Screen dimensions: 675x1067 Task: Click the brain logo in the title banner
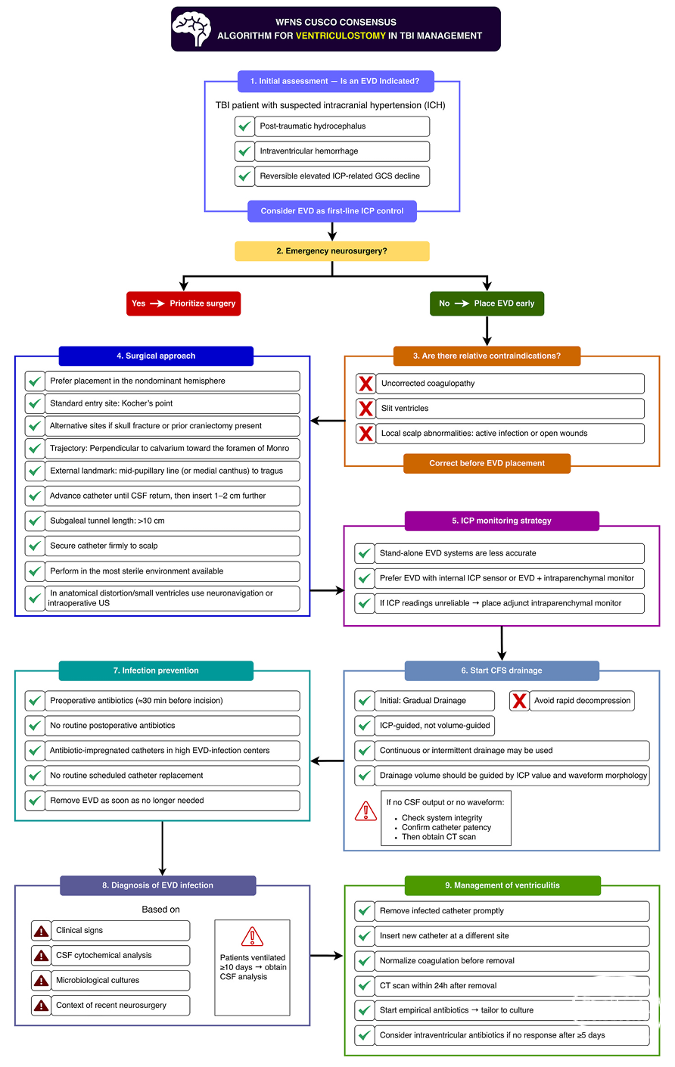tap(191, 29)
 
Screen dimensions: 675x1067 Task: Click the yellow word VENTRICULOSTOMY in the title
tap(341, 36)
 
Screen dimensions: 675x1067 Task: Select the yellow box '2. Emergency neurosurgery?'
tap(332, 251)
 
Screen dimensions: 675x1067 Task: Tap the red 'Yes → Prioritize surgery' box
tap(183, 303)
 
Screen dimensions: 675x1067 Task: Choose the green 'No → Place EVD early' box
tap(487, 303)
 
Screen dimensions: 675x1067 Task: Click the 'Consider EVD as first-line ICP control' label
tap(332, 211)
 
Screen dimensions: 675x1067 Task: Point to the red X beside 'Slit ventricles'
tap(365, 408)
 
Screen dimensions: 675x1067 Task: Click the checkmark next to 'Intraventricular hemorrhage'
tap(244, 151)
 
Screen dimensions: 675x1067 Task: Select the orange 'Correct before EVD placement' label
tap(487, 463)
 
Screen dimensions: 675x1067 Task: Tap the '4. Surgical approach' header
tap(156, 356)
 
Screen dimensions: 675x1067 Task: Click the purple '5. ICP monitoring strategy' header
tap(502, 521)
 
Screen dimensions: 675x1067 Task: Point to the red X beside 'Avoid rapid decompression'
tap(519, 701)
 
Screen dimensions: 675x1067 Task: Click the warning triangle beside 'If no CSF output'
tap(365, 810)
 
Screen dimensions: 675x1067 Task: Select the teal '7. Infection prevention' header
tap(156, 670)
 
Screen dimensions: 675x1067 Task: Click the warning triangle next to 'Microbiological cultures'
tap(42, 980)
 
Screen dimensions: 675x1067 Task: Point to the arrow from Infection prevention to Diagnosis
tap(163, 848)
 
